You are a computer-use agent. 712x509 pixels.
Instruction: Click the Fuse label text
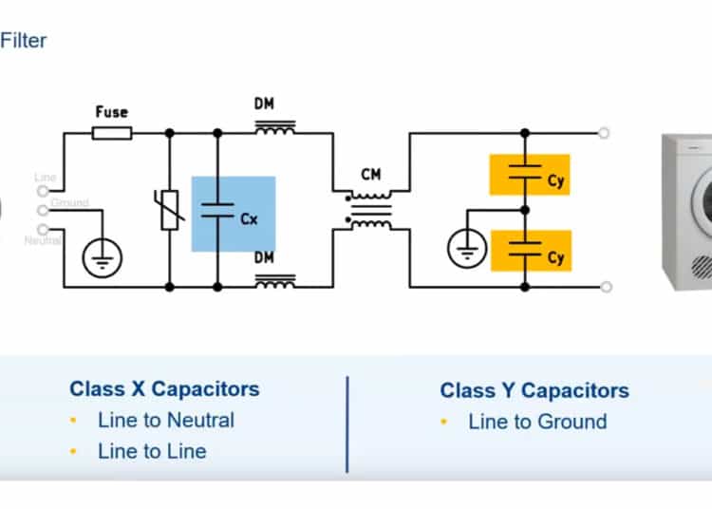coord(112,111)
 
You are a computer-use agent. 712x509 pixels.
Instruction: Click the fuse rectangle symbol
coord(112,134)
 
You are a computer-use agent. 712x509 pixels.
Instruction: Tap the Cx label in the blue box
coord(249,218)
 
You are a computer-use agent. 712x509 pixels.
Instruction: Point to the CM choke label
coord(371,174)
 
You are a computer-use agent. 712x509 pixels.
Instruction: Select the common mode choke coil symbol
coord(370,208)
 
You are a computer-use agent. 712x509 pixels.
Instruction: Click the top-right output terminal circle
coord(606,134)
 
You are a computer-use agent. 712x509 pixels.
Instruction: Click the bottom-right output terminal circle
coord(606,286)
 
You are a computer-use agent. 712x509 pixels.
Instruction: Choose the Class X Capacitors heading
coord(164,388)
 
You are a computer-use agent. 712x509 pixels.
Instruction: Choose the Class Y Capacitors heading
coord(534,390)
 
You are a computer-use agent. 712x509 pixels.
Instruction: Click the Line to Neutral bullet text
coord(165,420)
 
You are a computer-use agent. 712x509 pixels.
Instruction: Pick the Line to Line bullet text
coord(151,451)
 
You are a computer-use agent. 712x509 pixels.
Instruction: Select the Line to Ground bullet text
coord(537,422)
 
